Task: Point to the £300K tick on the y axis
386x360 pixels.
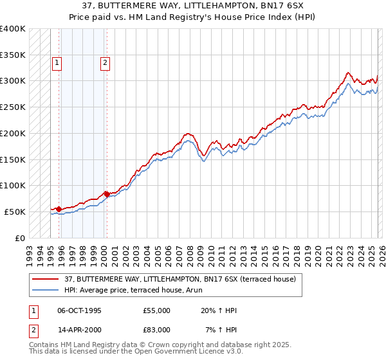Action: coord(13,81)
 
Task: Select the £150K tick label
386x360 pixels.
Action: coord(13,159)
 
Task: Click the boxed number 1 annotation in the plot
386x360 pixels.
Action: coord(57,63)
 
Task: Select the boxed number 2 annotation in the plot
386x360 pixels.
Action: coord(105,63)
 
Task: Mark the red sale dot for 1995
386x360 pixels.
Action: coord(59,209)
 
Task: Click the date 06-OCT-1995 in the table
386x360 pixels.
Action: coord(79,310)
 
